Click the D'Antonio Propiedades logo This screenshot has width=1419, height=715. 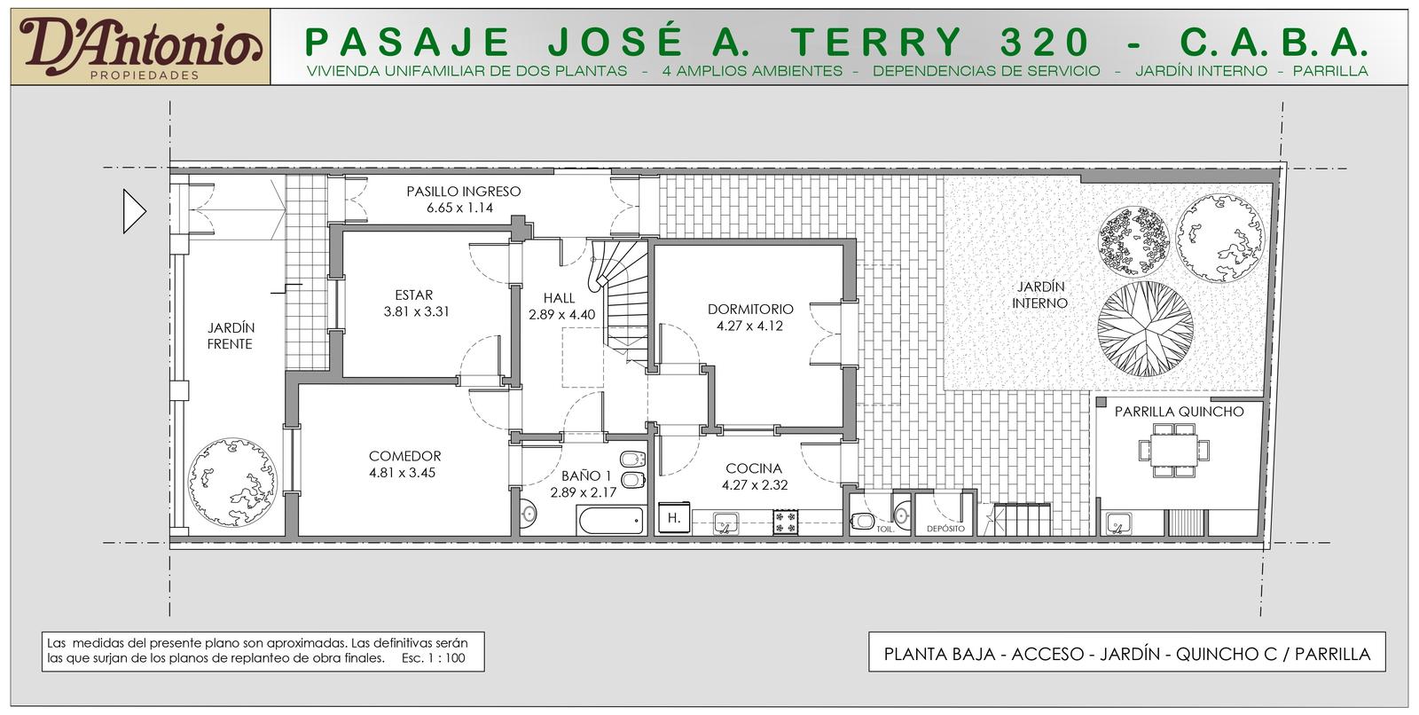click(141, 47)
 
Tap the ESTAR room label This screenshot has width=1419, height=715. click(413, 295)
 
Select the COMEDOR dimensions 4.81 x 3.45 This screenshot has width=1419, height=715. click(403, 473)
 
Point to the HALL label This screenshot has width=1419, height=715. click(560, 298)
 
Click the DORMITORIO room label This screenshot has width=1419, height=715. click(750, 310)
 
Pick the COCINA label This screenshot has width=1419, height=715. click(754, 468)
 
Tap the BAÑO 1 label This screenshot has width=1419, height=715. click(586, 475)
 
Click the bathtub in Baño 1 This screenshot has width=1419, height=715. click(611, 521)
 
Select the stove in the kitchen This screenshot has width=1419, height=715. click(786, 522)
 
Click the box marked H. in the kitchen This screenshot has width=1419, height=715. click(673, 518)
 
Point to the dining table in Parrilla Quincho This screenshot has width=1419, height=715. click(1174, 450)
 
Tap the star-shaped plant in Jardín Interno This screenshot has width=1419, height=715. click(1145, 329)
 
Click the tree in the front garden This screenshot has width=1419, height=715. click(232, 482)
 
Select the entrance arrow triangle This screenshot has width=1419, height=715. click(134, 211)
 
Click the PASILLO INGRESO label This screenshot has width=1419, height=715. click(464, 192)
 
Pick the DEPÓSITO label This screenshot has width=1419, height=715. click(945, 529)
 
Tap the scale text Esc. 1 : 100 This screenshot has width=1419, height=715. click(434, 658)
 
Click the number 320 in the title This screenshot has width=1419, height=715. click(1045, 43)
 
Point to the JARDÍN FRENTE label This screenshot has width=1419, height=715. click(230, 336)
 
